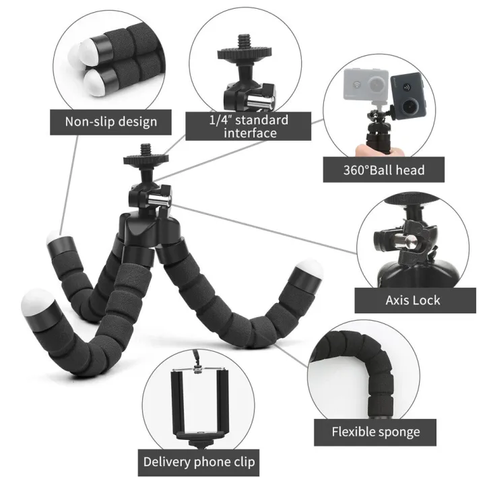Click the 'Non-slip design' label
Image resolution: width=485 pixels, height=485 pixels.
click(x=111, y=121)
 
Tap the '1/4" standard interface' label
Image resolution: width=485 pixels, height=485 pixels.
click(x=248, y=127)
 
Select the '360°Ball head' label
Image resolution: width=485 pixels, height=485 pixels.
click(x=384, y=169)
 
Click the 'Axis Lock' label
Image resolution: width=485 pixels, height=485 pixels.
click(x=414, y=299)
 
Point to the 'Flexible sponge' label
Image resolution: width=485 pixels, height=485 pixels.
click(x=375, y=432)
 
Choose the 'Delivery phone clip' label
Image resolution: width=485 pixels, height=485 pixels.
click(x=199, y=463)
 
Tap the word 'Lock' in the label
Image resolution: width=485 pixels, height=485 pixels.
click(x=428, y=299)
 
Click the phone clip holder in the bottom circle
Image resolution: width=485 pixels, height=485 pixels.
click(x=198, y=401)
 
